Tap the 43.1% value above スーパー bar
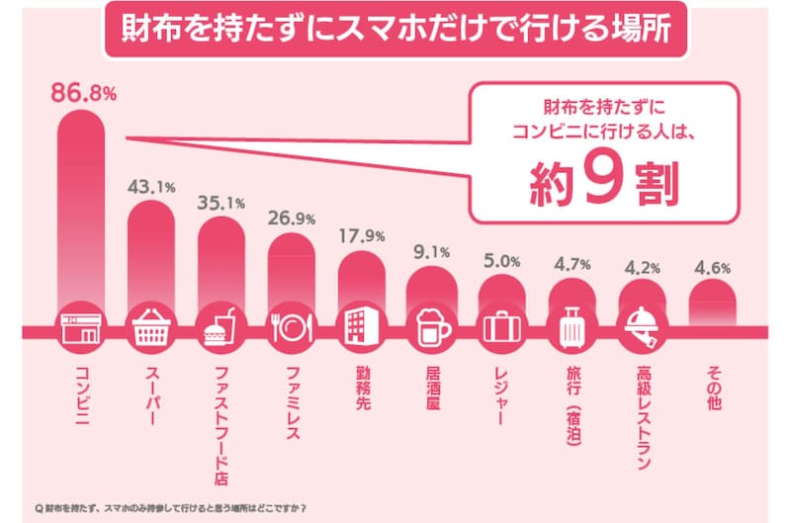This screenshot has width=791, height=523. click(x=154, y=186)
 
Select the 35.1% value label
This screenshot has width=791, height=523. click(x=223, y=204)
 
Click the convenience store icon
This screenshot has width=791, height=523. click(x=83, y=327)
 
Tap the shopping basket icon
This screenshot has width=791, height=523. click(x=154, y=327)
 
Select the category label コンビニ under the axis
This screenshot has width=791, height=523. click(x=83, y=392)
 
